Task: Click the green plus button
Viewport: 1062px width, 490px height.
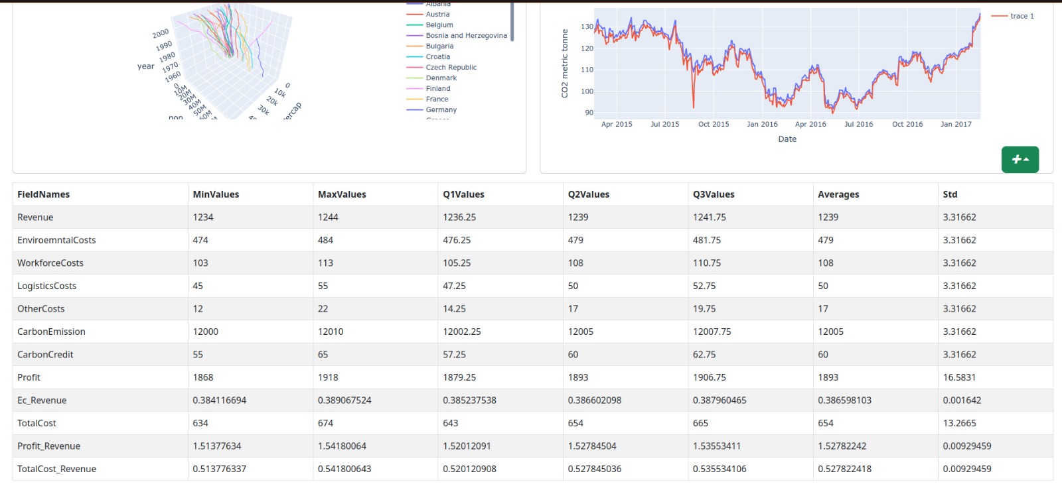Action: [1020, 160]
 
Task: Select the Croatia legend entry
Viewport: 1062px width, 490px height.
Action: [437, 57]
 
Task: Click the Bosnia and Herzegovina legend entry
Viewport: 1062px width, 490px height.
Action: [466, 36]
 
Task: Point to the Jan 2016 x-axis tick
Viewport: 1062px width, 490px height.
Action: [762, 124]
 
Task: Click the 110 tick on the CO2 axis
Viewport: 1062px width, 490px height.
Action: [587, 70]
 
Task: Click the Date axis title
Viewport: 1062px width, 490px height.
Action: [787, 139]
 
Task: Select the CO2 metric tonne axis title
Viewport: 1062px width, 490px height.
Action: [565, 64]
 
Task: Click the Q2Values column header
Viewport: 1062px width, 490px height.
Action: [588, 194]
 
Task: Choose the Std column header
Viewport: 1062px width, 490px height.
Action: [950, 194]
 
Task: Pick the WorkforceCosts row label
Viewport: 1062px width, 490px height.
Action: [50, 263]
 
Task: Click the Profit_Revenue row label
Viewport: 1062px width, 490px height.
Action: [48, 446]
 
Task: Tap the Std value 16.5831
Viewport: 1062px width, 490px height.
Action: [959, 377]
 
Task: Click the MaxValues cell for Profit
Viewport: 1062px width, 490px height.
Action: [328, 377]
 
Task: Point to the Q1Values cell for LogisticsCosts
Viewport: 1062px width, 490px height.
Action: [454, 286]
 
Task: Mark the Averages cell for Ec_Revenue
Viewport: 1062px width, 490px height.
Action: [844, 400]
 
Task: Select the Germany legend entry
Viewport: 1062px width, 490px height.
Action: [441, 110]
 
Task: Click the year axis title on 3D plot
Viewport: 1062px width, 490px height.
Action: [145, 66]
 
